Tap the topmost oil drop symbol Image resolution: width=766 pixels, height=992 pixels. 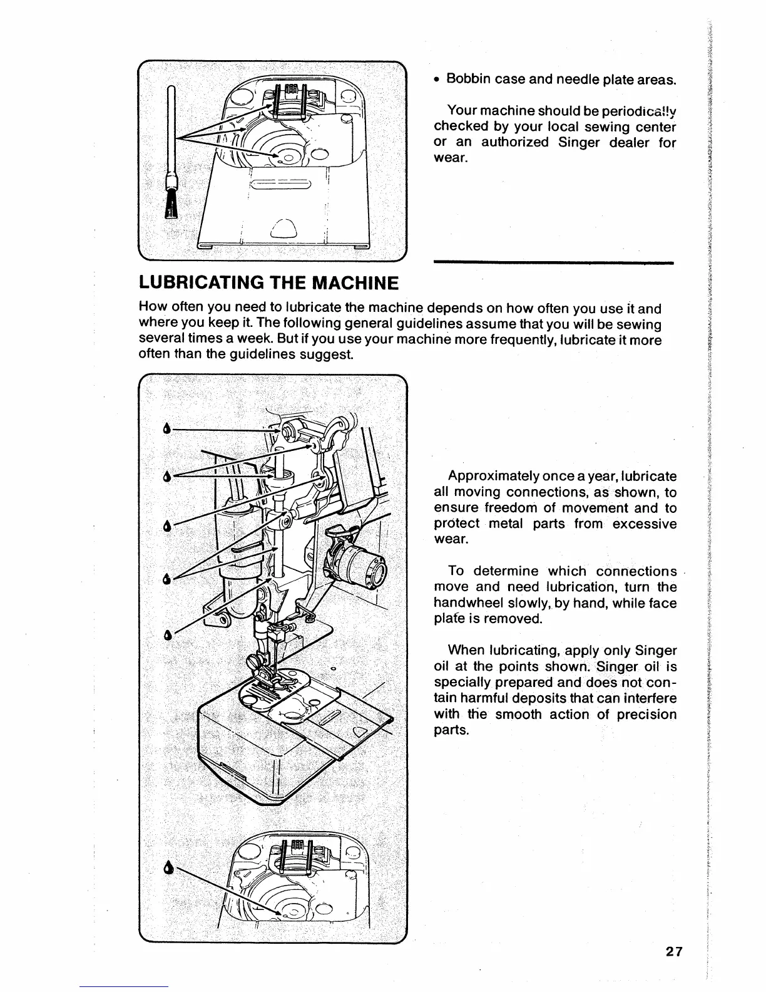166,429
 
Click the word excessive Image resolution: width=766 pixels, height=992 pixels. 645,524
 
